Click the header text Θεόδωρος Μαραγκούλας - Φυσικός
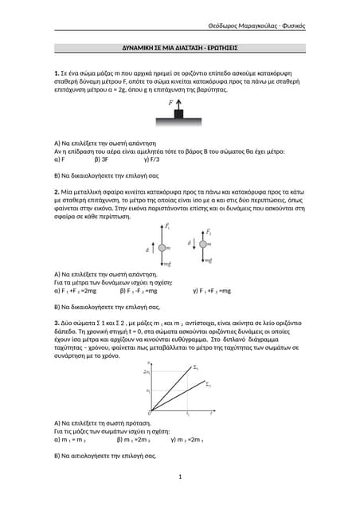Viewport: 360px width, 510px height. [x=256, y=26]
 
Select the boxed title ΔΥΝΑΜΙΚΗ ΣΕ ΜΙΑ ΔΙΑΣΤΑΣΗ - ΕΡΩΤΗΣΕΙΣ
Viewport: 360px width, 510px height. [x=180, y=48]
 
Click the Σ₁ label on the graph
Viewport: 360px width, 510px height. [x=197, y=368]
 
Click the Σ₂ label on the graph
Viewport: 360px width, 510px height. [x=208, y=385]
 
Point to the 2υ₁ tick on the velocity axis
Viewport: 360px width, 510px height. [x=147, y=372]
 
